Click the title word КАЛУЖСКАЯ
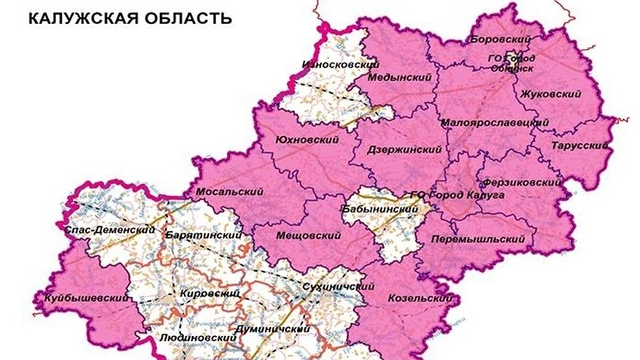click(80, 18)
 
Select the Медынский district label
click(399, 77)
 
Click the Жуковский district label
click(551, 94)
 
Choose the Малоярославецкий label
click(494, 123)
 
